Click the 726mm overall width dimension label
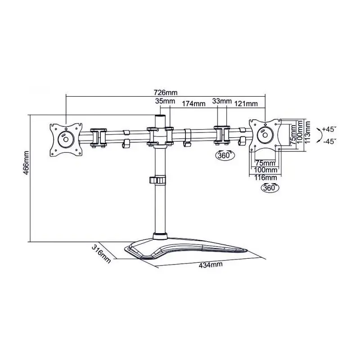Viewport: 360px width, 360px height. tap(165, 92)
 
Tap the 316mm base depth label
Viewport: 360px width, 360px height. tap(101, 254)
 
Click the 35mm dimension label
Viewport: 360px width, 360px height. tap(165, 101)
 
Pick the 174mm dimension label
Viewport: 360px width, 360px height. tap(193, 103)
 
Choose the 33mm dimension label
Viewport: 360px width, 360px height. tap(221, 101)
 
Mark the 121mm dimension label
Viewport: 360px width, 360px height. tap(247, 103)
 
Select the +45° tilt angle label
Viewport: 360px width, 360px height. tap(329, 129)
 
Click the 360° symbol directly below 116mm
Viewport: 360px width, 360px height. tap(270, 189)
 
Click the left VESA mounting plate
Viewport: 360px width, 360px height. tap(66, 139)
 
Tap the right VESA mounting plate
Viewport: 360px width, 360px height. tap(265, 134)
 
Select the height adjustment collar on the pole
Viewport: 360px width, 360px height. tap(159, 180)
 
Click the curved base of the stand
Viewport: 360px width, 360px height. tap(189, 250)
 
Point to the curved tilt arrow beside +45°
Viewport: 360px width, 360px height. tap(319, 135)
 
